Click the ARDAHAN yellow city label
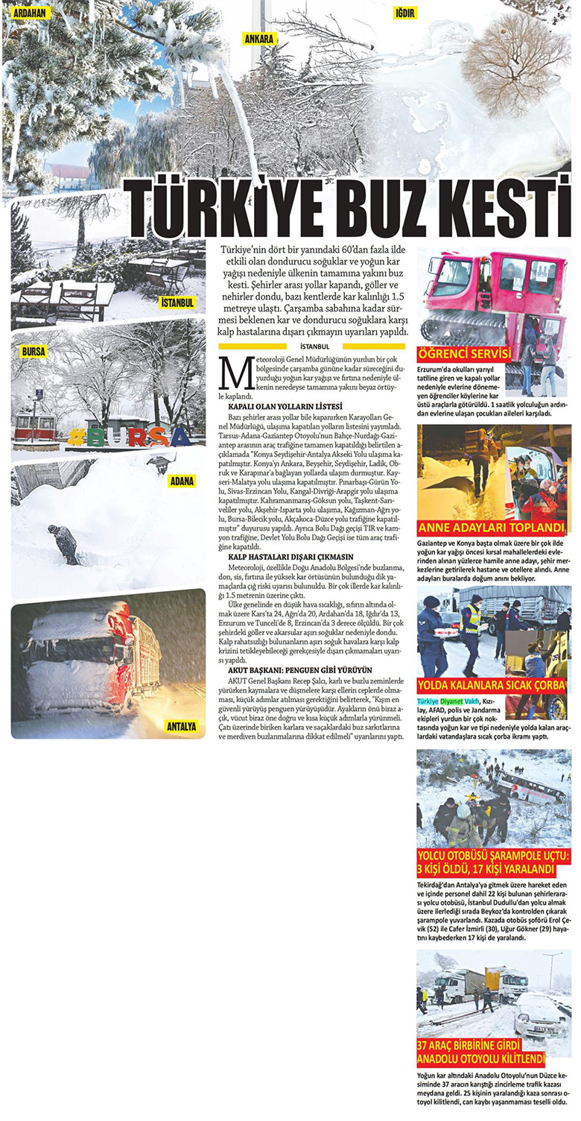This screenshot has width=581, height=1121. point(29,13)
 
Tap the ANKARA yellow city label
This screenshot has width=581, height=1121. point(258,38)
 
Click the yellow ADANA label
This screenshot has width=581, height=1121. point(182,481)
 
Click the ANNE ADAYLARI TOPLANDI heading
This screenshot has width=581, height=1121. point(492,528)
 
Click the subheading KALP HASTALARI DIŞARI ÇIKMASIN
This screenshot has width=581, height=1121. point(290,557)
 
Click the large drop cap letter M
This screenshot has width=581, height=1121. point(235,372)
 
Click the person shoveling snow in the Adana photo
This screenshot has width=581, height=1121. point(65,543)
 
